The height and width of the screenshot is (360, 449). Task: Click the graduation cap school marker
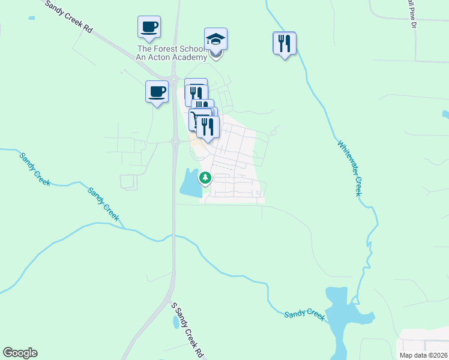pos(215,40)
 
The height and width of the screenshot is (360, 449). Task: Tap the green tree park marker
pos(205,178)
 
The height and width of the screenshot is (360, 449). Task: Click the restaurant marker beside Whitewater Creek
pos(284,43)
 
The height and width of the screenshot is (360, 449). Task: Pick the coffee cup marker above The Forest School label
pos(149,27)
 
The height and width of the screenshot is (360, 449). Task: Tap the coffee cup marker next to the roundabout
pos(157,92)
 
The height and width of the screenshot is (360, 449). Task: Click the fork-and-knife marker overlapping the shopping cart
pos(208,127)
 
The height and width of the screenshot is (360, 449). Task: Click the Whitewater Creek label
pos(349,168)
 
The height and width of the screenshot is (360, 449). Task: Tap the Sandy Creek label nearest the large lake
pos(304,314)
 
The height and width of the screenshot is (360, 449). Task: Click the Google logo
pos(20,353)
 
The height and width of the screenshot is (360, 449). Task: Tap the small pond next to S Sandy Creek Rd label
pos(175,322)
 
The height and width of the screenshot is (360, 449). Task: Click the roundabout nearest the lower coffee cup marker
pos(173,79)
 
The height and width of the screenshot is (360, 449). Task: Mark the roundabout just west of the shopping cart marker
pos(175,142)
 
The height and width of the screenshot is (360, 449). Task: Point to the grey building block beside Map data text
pos(423,340)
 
